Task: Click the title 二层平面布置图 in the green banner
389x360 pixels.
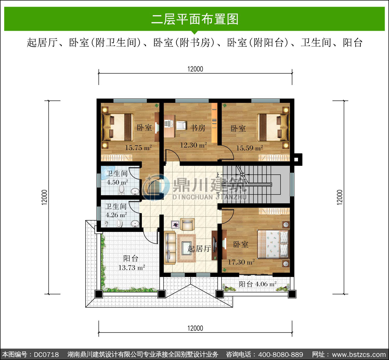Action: click(195, 19)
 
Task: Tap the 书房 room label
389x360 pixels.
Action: click(198, 128)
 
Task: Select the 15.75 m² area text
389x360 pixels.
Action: click(138, 147)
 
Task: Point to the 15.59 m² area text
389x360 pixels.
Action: click(249, 148)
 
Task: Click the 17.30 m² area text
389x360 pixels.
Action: click(241, 262)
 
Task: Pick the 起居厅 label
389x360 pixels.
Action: click(199, 249)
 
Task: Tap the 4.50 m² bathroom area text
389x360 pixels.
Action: click(117, 182)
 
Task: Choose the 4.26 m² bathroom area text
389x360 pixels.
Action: click(116, 215)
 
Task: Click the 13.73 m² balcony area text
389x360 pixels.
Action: click(132, 267)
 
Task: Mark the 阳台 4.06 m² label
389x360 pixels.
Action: click(258, 284)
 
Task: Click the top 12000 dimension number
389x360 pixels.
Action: click(195, 69)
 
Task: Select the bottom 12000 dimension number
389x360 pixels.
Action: click(195, 328)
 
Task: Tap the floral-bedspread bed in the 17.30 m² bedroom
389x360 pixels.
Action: click(273, 244)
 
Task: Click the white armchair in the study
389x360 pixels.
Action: click(181, 125)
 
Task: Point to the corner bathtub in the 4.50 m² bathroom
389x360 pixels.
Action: click(107, 173)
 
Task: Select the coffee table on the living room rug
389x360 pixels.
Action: click(186, 248)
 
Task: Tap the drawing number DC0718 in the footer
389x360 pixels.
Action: click(46, 355)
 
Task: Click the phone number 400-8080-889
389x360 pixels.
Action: click(281, 355)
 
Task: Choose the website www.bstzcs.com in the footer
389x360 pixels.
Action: click(359, 355)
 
